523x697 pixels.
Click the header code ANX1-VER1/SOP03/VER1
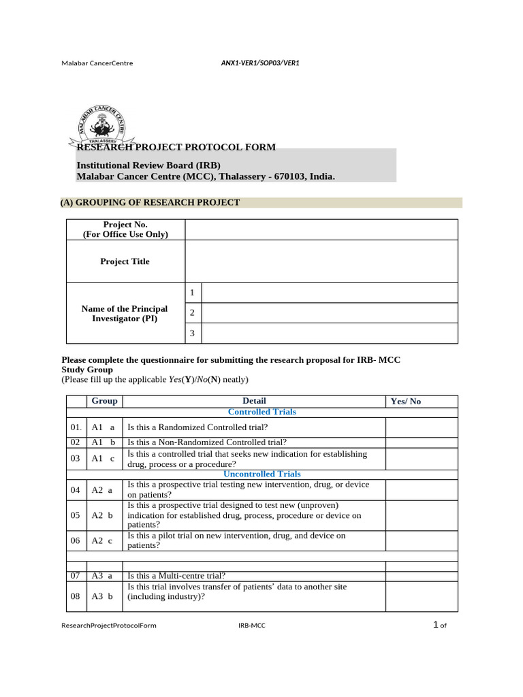[x=260, y=63]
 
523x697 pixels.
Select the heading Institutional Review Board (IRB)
[x=148, y=165]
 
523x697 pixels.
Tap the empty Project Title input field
[x=321, y=261]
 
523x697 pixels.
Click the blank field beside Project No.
[x=321, y=229]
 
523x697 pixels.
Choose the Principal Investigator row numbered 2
[x=330, y=313]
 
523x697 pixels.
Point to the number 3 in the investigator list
[x=193, y=334]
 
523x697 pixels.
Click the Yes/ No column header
[x=406, y=402]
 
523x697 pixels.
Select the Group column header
[x=105, y=401]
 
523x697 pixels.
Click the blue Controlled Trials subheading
[x=261, y=412]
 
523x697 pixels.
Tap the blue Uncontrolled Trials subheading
[x=261, y=474]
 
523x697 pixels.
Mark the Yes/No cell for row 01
[x=422, y=427]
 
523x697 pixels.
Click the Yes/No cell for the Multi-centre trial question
[x=422, y=576]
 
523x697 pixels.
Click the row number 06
[x=75, y=540]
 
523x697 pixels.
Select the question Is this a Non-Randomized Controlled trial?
[x=208, y=442]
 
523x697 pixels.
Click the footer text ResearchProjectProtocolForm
[x=108, y=626]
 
